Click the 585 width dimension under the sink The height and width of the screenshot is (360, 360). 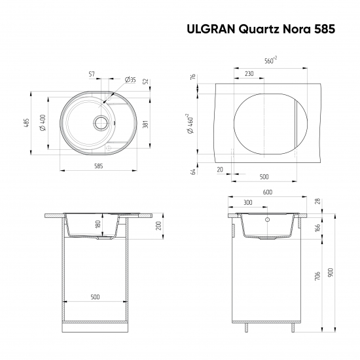point(99,167)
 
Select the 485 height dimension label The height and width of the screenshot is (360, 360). point(27,124)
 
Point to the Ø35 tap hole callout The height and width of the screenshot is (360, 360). point(130,79)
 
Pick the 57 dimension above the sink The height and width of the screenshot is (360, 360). point(92,74)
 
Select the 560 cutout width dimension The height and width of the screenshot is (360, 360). point(270,61)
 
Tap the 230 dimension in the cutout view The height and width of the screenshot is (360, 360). point(249,74)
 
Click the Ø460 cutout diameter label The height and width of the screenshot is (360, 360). point(189,122)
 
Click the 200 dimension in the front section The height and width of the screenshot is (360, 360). point(158,226)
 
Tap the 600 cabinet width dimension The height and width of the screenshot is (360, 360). point(267,192)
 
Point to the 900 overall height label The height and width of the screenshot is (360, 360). point(331,271)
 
